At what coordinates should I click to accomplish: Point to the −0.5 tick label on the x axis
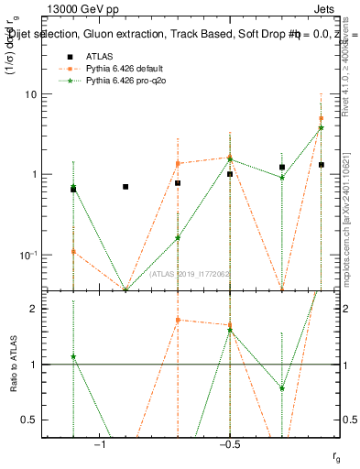coord(229,444)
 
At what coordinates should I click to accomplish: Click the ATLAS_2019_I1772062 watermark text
coord(191,274)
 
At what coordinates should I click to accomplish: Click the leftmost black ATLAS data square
coord(73,190)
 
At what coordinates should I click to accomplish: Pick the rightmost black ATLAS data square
coord(322,165)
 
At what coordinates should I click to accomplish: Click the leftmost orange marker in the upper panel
coord(73,251)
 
